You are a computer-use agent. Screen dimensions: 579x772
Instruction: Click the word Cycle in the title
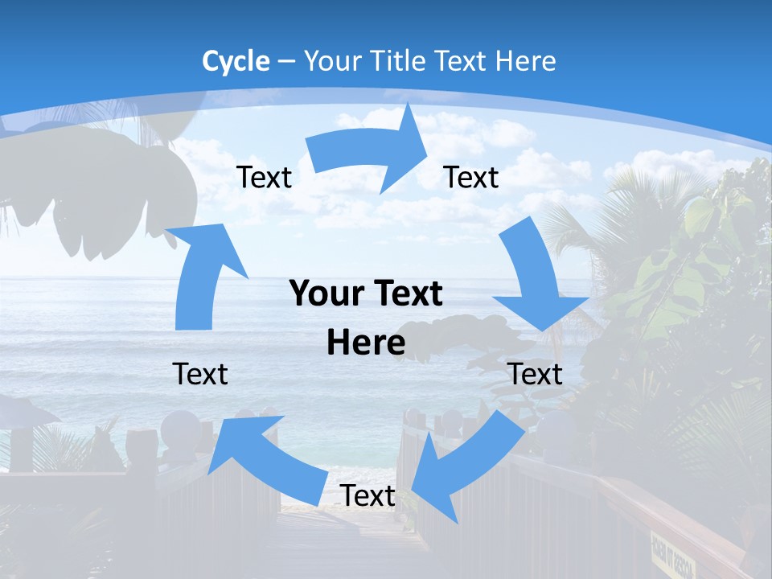pos(236,61)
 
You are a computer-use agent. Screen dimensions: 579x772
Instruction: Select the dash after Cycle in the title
pos(286,62)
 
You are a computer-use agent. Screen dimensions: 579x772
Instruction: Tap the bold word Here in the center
pos(366,343)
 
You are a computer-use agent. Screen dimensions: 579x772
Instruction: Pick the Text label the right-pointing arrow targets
pos(471,177)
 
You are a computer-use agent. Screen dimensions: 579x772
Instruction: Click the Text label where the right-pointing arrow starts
pos(264,177)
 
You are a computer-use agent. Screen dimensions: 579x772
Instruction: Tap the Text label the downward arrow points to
pos(536,374)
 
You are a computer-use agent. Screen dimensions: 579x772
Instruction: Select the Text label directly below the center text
pos(368,496)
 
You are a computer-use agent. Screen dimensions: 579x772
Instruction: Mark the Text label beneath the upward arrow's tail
pos(200,374)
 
